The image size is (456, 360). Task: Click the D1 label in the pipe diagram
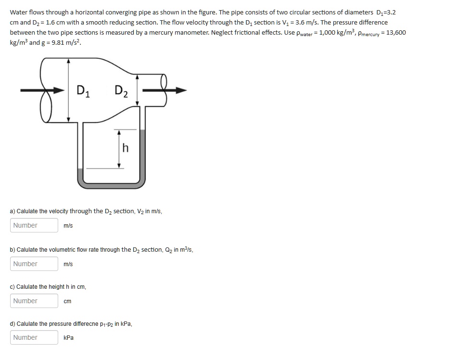point(83,90)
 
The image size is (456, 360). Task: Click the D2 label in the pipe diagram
point(121,90)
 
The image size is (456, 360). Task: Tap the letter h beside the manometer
point(126,148)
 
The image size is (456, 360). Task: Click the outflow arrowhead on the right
point(181,90)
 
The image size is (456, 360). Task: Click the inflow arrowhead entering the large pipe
point(60,90)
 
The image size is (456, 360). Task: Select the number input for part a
point(34,225)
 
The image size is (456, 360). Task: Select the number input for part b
point(34,264)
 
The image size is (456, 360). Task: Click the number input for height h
point(34,301)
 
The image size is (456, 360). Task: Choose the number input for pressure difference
point(34,337)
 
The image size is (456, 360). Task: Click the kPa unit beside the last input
point(68,338)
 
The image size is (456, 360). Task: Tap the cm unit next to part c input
point(67,301)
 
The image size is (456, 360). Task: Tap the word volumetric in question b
point(67,250)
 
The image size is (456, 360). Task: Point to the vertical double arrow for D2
point(138,90)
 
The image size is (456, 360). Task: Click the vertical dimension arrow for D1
point(69,90)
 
